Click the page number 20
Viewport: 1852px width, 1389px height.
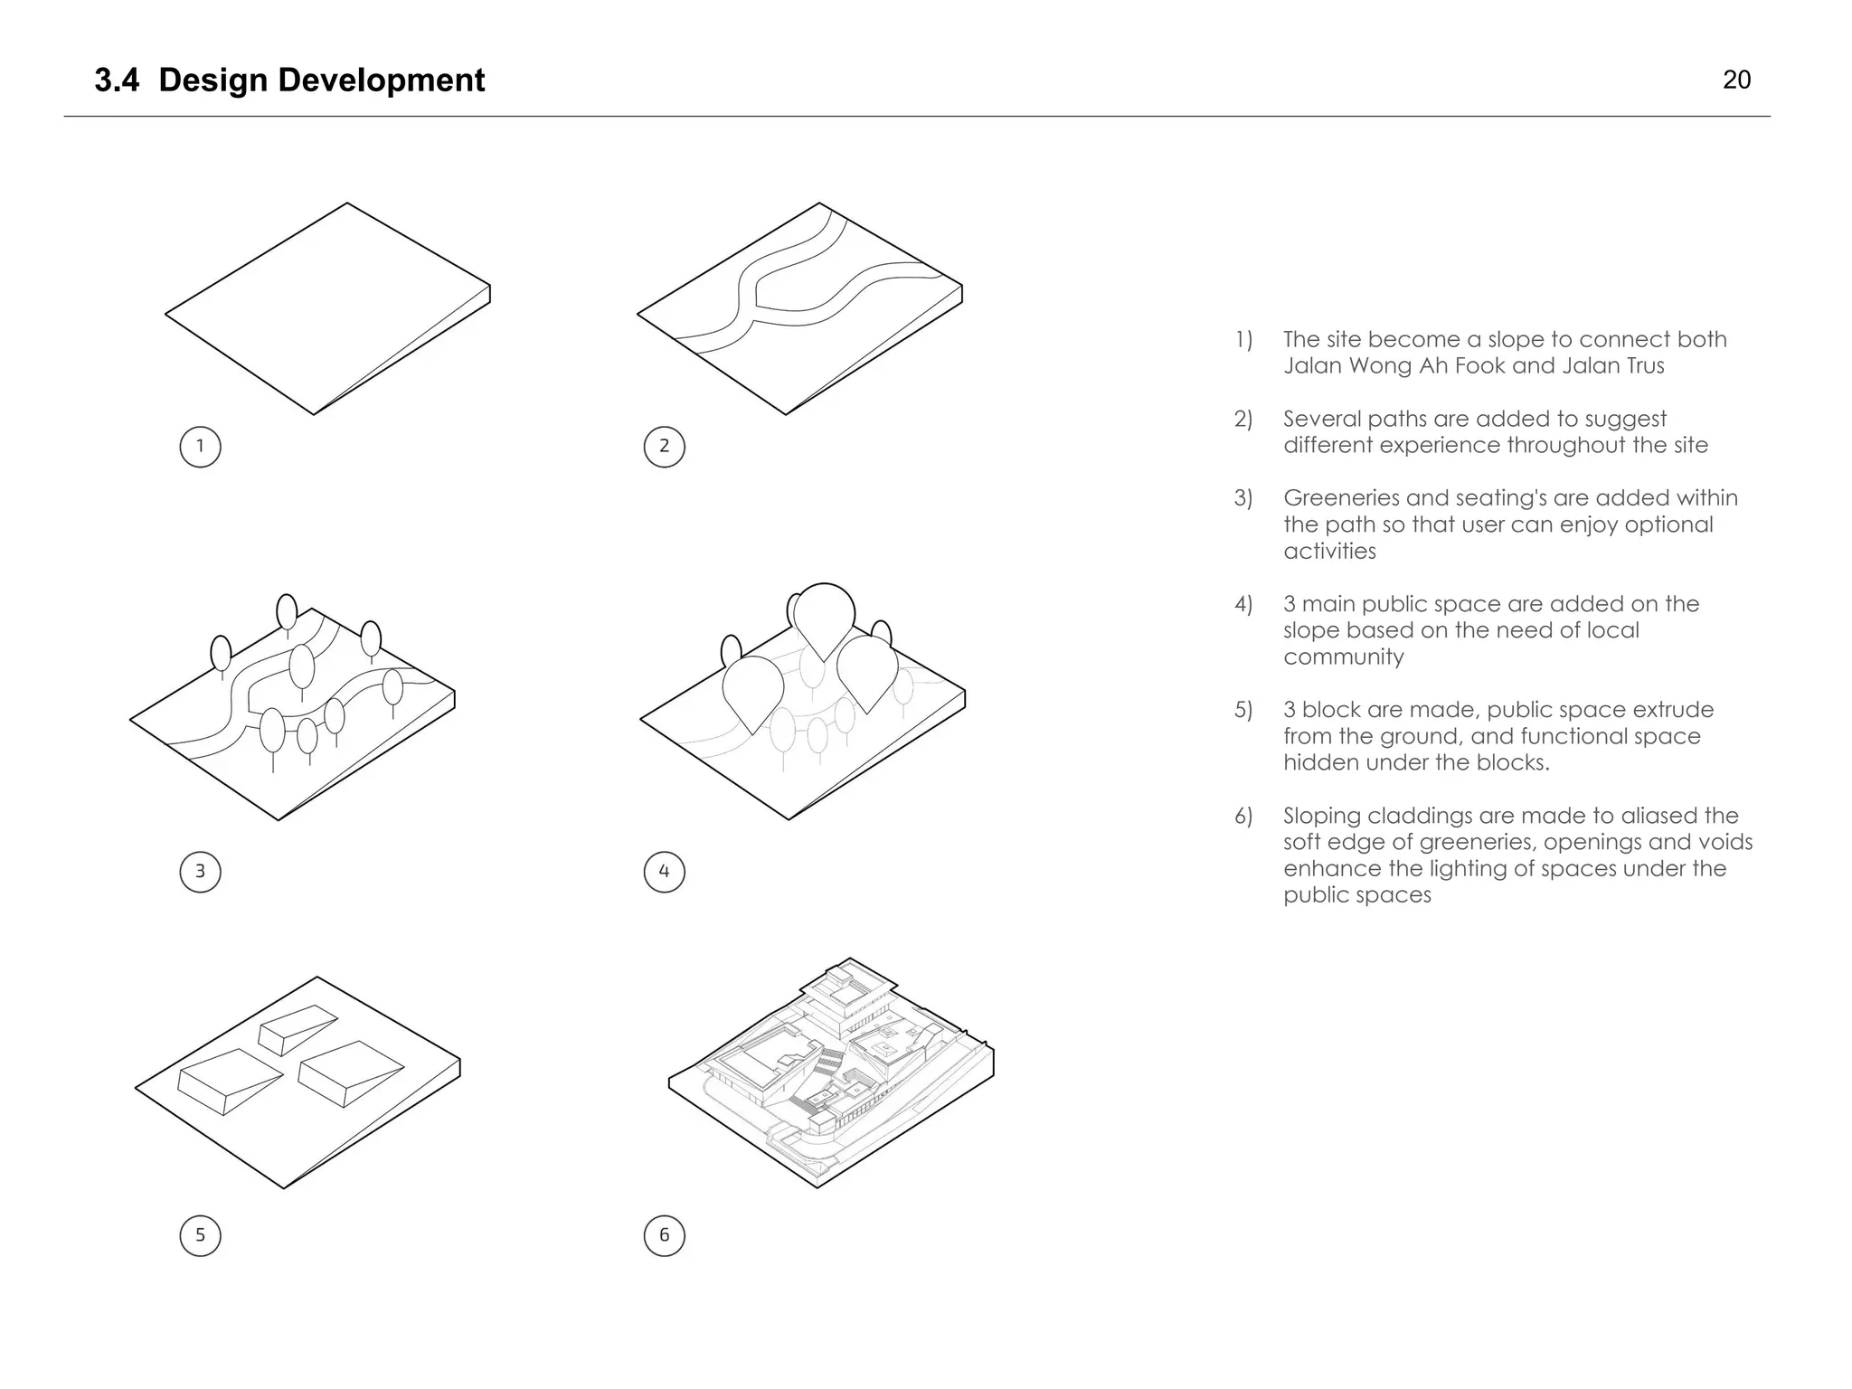[1736, 80]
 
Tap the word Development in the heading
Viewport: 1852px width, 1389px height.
[381, 80]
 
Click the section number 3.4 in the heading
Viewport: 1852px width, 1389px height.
[117, 80]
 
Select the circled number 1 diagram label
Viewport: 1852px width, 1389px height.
[200, 447]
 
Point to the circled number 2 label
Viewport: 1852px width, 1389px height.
[664, 447]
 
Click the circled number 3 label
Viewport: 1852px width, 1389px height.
[200, 872]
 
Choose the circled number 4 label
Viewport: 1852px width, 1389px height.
[664, 872]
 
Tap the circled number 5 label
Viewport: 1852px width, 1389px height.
[200, 1235]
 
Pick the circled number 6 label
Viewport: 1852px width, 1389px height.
[664, 1235]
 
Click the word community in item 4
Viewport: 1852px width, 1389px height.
[1343, 657]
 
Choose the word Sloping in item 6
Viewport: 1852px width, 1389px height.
[1321, 817]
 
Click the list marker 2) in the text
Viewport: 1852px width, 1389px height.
[1243, 419]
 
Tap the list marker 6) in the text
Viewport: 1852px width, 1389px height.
[1243, 817]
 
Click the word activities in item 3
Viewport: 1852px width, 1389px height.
[1329, 552]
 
